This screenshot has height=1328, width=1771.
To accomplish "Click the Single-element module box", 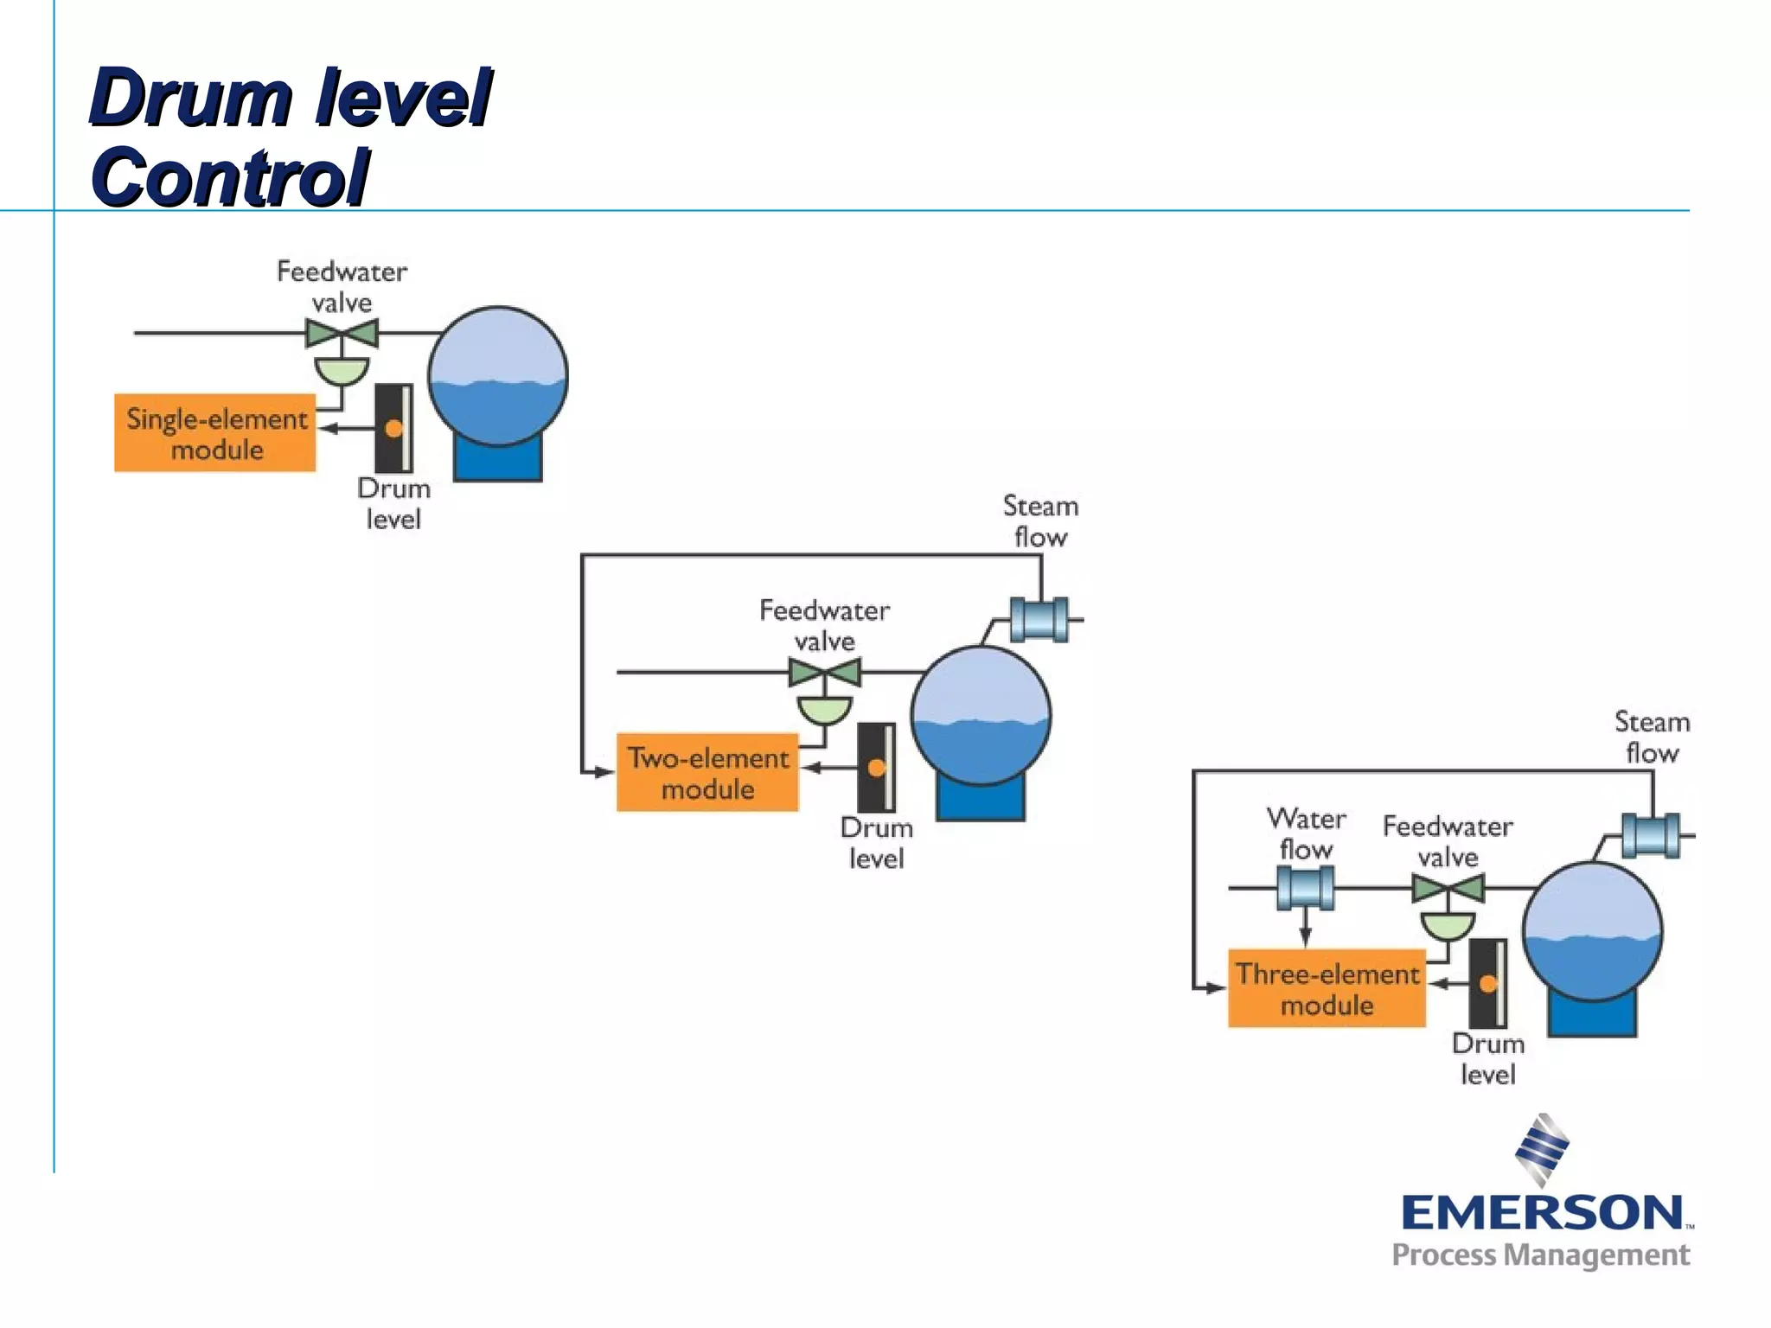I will (x=215, y=433).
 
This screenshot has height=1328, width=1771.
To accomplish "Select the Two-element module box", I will (x=707, y=773).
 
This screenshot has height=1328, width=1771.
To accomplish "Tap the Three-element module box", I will (x=1327, y=988).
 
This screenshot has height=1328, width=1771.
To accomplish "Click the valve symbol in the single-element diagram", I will (x=342, y=334).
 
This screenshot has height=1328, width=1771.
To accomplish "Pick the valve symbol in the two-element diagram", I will (x=825, y=673).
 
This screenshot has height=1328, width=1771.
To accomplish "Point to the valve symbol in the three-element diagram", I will (x=1448, y=889).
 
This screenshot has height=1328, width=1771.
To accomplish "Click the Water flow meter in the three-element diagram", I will (x=1306, y=888).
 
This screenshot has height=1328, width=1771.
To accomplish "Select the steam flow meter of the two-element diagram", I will (x=1039, y=619).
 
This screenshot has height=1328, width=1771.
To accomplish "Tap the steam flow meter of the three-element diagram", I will (x=1651, y=835).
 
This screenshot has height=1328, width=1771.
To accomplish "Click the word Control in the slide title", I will (x=230, y=177).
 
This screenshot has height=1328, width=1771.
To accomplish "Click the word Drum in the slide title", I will (x=190, y=97).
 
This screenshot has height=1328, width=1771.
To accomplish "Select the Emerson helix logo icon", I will (x=1542, y=1149).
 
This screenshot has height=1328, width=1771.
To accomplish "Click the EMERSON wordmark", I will (x=1542, y=1212).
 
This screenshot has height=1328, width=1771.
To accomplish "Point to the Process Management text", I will (x=1540, y=1255).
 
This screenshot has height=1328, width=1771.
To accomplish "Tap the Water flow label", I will (x=1306, y=833).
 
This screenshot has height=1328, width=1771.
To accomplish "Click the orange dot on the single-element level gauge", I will (x=394, y=428).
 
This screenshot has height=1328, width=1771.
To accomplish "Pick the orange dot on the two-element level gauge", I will (x=877, y=768).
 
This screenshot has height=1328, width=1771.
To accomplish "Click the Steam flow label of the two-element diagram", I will (x=1040, y=520).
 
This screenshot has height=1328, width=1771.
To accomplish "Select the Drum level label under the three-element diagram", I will (x=1487, y=1058).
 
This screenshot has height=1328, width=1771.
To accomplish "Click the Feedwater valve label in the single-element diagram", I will (x=342, y=287).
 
